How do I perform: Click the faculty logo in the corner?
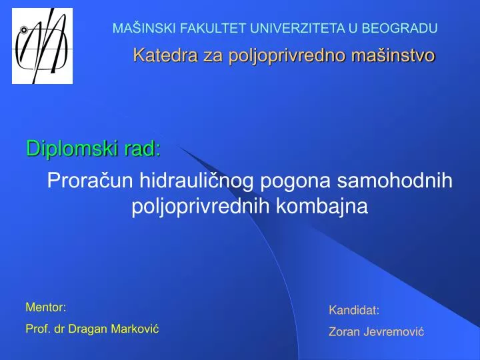[x=42, y=46]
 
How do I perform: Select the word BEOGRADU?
[x=405, y=28]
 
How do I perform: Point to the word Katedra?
[x=157, y=55]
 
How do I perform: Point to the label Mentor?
[x=45, y=307]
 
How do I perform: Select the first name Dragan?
[x=90, y=329]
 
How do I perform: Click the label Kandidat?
[x=354, y=310]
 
